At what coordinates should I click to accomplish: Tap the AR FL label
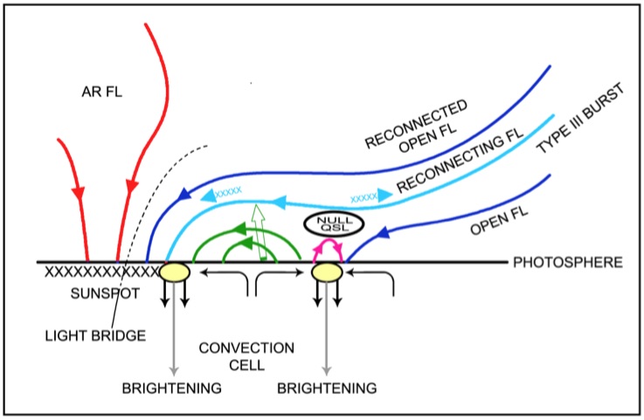102,92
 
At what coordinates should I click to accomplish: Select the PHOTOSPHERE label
568,262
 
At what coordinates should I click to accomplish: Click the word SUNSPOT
105,293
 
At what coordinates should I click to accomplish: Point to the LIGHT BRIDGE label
95,336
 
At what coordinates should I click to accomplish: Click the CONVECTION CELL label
246,356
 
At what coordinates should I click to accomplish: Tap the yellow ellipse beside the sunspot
175,272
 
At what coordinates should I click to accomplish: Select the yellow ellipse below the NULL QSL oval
327,272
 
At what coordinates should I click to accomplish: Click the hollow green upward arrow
260,232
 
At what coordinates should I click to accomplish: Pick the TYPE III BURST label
581,118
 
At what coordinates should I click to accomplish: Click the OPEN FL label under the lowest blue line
499,222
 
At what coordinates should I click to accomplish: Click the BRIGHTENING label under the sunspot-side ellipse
171,388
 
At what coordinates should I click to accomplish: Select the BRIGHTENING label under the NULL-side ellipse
327,388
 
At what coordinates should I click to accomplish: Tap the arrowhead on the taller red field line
132,186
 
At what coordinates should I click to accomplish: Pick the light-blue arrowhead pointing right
385,195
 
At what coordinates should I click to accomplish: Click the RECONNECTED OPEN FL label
416,125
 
